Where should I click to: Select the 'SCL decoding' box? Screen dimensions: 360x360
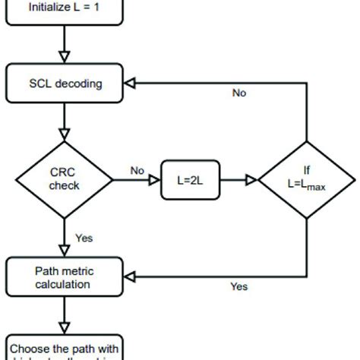click(64, 84)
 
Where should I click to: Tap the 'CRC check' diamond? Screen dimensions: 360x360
click(64, 180)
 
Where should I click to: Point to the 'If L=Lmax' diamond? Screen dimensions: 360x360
click(307, 181)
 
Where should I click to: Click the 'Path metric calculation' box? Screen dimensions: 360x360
click(64, 276)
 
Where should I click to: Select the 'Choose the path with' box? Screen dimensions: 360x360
click(64, 348)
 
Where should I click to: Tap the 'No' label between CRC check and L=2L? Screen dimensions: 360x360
click(137, 171)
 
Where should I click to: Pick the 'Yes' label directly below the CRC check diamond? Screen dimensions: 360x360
click(84, 238)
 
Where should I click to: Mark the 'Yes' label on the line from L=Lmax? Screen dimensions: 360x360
click(238, 286)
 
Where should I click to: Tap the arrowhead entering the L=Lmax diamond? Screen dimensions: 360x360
click(253, 181)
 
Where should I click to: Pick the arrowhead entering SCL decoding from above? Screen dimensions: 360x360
click(64, 58)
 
